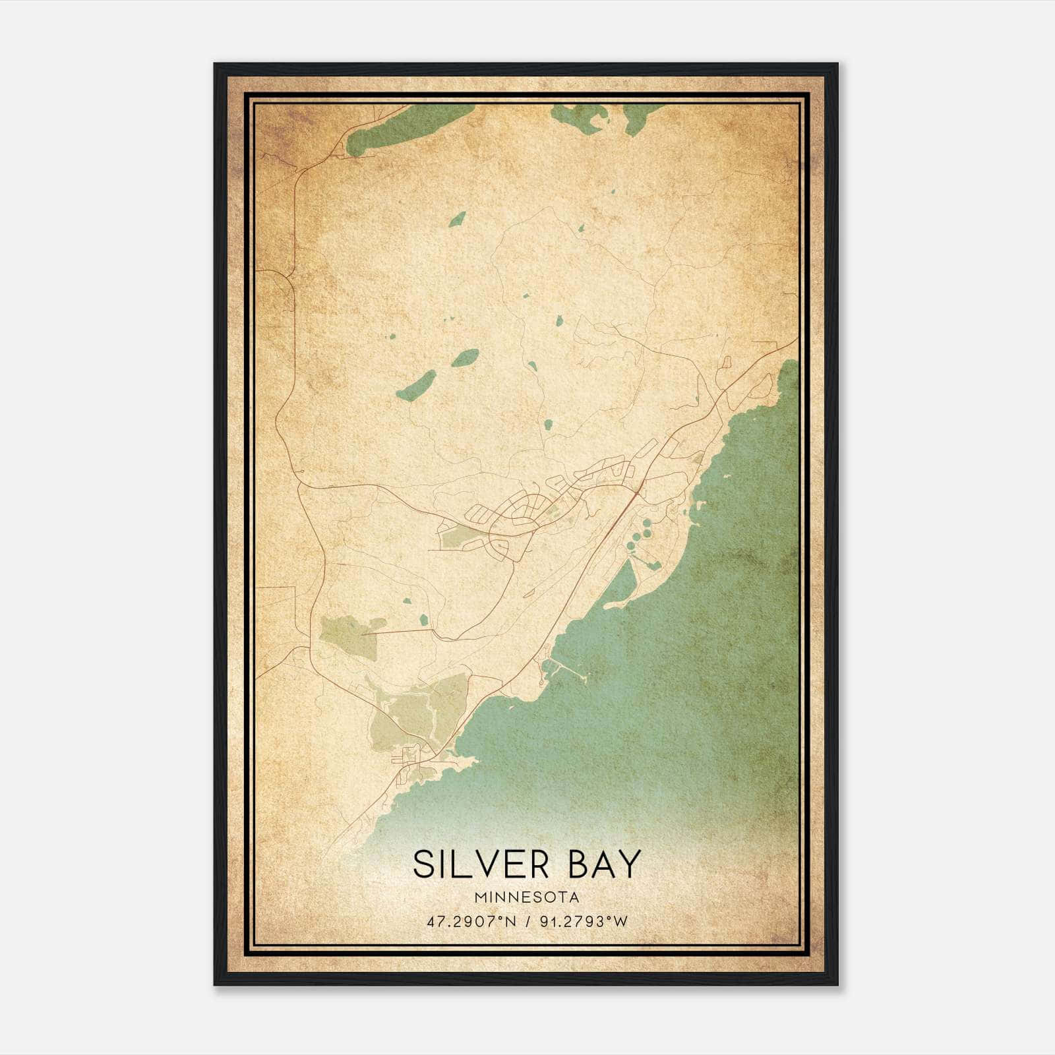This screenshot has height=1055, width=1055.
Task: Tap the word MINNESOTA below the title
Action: pyautogui.click(x=526, y=897)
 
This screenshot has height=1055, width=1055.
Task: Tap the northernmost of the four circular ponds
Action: pyautogui.click(x=647, y=523)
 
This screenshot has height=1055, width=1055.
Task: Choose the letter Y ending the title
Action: pyautogui.click(x=629, y=864)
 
